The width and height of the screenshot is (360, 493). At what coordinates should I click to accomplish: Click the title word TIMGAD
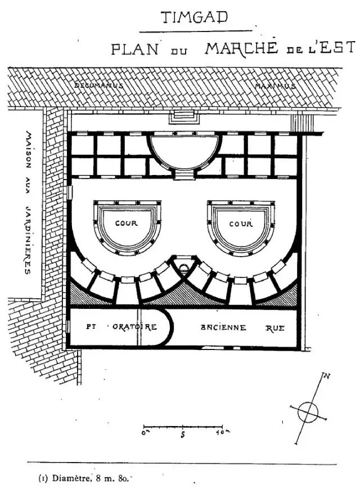pos(195,18)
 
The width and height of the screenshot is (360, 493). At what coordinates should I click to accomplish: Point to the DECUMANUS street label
pos(98,85)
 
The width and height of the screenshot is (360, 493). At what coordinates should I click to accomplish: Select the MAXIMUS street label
pos(275,86)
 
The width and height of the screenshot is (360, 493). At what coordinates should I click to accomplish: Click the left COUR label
pos(126,223)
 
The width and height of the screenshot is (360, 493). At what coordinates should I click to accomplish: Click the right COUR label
pos(241,224)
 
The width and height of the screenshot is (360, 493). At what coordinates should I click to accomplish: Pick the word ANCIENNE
pos(223,328)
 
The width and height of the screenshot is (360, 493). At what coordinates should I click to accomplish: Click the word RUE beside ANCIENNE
pos(275,328)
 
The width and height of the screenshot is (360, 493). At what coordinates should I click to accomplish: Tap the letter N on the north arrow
pos(326,376)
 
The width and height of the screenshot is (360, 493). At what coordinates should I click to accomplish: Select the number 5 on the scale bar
pos(183,434)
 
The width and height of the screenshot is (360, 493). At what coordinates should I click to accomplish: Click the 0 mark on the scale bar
pos(145,433)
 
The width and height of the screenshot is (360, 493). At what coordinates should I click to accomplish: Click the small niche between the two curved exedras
pos(182,264)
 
